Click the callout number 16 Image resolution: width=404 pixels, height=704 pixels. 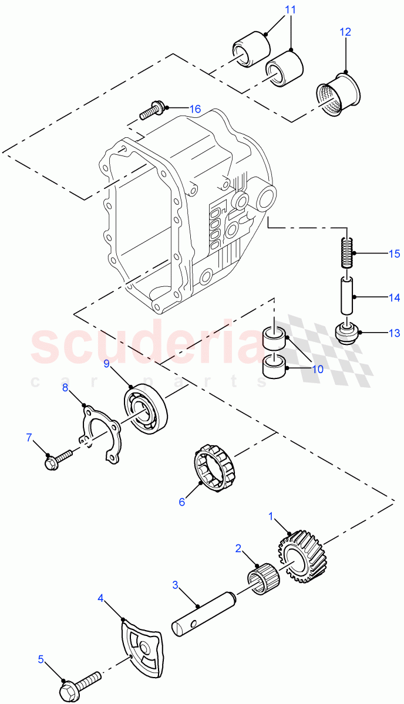194,109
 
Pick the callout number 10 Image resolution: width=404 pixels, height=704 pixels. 317,370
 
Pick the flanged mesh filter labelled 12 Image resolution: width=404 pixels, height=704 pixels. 339,93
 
